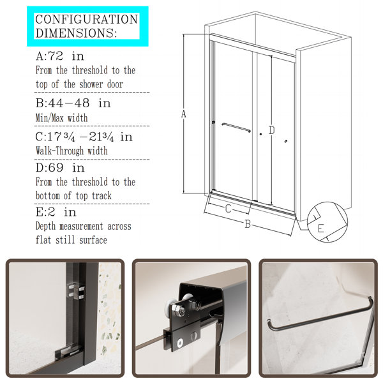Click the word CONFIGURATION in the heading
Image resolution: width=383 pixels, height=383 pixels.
87,19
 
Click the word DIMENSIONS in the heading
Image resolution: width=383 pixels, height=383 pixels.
76,33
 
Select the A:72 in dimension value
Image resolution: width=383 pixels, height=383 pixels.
60,56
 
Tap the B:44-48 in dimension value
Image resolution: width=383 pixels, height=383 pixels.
73,103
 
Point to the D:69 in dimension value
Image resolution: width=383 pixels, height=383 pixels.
60,168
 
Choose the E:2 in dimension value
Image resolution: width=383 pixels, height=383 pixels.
56,212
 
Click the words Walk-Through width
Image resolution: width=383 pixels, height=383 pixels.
71,151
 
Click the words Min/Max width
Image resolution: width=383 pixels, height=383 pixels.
61,117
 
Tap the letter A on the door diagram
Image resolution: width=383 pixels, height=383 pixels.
184,114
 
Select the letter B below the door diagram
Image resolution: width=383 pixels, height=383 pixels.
248,224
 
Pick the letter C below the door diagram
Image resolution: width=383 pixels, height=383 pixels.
228,209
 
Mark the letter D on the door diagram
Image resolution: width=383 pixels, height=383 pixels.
272,130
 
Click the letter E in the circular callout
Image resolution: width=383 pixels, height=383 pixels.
320,229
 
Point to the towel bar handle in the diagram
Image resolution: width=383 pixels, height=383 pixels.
236,128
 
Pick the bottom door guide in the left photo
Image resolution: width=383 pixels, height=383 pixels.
68,352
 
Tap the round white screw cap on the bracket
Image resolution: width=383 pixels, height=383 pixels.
180,343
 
